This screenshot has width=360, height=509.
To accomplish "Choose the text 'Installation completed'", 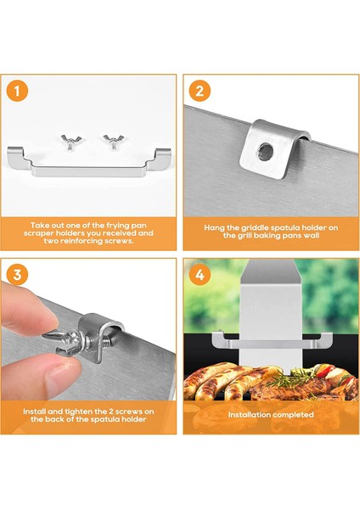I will [270, 415].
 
